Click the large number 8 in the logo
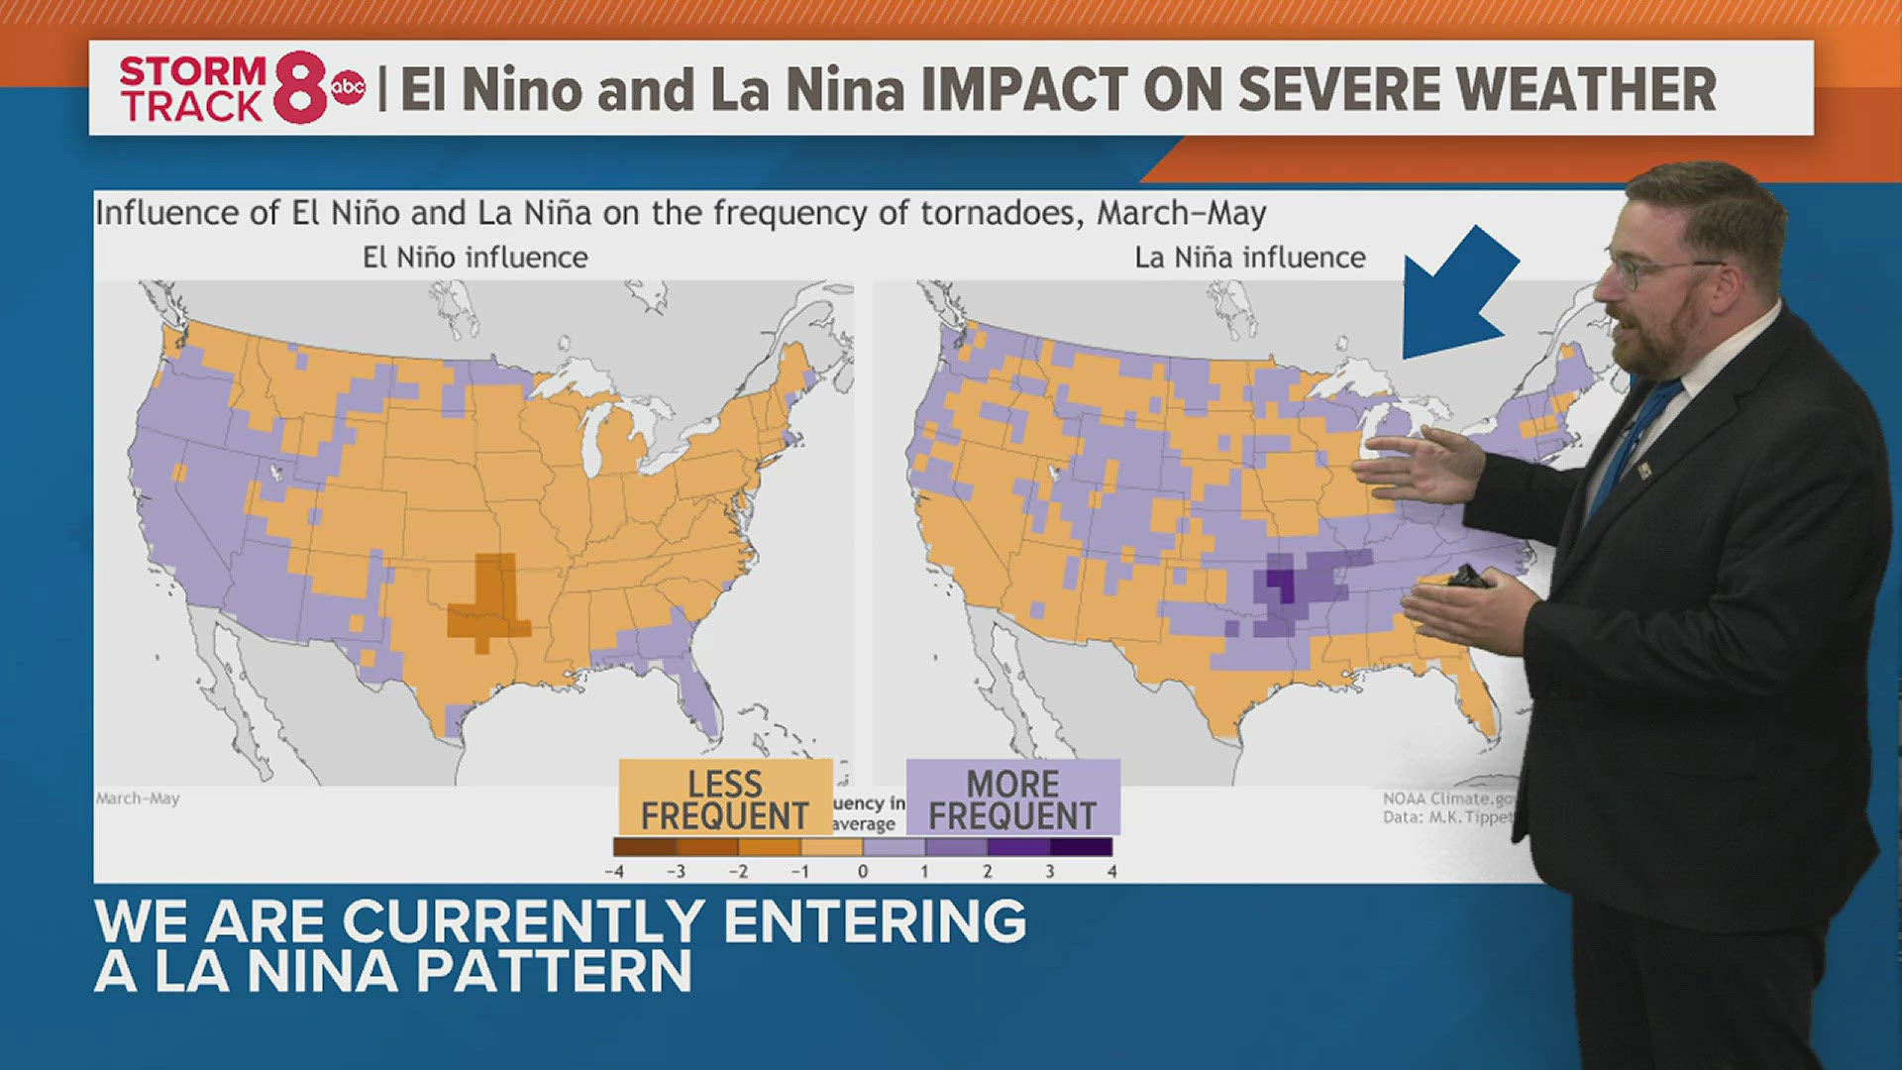click(299, 88)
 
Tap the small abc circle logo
click(348, 88)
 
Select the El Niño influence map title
click(475, 258)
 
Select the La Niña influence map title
click(1249, 258)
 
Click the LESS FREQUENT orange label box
click(725, 799)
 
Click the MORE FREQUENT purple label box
click(1012, 799)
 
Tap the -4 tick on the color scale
click(614, 872)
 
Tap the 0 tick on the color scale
click(863, 872)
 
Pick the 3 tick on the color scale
click(1049, 872)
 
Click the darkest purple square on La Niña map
click(1281, 584)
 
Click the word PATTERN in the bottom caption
click(554, 971)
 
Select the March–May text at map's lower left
click(138, 799)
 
